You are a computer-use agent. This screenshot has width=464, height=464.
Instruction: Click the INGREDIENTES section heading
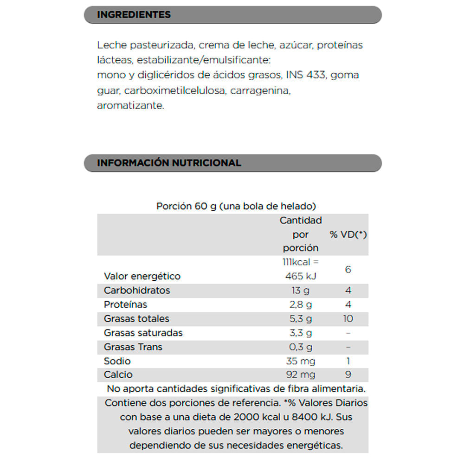click(134, 15)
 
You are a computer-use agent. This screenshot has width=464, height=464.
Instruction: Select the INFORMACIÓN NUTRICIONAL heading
click(169, 163)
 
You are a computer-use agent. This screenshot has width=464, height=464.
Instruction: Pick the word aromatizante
click(130, 105)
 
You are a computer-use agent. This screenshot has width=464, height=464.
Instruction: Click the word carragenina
click(262, 90)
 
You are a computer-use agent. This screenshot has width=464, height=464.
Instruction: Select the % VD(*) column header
click(348, 235)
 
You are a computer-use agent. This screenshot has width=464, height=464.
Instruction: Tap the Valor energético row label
click(142, 276)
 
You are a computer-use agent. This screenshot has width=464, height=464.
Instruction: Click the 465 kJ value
click(301, 276)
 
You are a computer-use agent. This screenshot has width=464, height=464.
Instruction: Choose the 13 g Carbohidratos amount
click(301, 290)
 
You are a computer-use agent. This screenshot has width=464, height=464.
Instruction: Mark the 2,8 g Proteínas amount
click(301, 305)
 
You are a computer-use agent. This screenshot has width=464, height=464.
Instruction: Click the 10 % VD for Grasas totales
click(348, 319)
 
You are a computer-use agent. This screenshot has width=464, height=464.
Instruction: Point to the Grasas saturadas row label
click(143, 333)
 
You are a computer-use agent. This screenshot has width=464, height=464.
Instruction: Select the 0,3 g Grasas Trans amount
click(301, 347)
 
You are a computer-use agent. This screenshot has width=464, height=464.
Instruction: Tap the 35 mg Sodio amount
click(301, 361)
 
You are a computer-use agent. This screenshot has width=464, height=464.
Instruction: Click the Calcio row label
click(118, 374)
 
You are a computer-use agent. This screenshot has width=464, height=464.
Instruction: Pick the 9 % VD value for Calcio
click(348, 374)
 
